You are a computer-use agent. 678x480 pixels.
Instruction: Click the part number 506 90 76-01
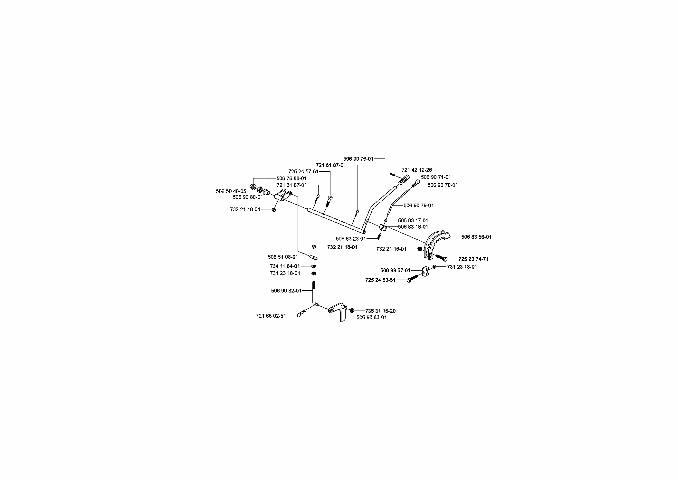358,159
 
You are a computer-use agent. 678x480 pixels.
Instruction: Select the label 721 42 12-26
417,170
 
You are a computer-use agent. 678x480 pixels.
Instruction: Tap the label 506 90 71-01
436,177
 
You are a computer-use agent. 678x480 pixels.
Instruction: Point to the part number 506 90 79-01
419,206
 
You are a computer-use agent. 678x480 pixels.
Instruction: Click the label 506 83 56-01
476,237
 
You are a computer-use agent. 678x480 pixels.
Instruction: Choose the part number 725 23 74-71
473,259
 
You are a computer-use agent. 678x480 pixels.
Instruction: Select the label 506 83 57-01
396,271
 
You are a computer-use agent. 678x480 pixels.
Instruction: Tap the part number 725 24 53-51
380,280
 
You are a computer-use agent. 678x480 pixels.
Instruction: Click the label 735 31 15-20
380,311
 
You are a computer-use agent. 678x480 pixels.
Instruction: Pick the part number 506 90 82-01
286,291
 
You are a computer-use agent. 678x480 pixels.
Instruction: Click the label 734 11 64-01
285,266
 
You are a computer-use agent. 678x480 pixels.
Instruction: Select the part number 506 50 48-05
231,192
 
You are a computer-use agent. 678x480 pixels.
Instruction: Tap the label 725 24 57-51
303,172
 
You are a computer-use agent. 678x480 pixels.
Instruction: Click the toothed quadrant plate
436,245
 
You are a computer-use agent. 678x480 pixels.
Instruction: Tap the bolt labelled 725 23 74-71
441,258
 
